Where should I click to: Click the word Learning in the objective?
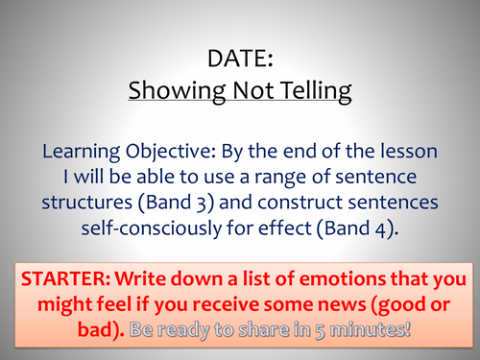(81, 151)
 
